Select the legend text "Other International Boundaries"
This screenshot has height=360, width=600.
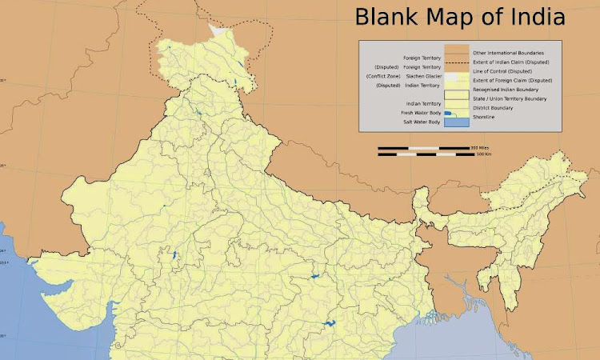[x=509, y=52]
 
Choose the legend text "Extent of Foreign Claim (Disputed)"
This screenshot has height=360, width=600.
[x=513, y=81]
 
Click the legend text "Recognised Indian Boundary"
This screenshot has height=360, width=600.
[x=505, y=90]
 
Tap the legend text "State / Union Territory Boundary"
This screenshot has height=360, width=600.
[x=510, y=98]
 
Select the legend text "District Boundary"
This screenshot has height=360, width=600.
[x=492, y=107]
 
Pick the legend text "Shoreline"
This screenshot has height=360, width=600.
[x=484, y=117]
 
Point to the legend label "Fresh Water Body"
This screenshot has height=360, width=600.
[x=421, y=113]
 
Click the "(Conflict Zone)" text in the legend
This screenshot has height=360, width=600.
[x=384, y=76]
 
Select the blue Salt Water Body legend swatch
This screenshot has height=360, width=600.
[x=456, y=122]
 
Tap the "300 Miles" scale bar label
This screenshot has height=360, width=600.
[x=479, y=148]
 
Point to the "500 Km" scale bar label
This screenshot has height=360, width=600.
[x=483, y=154]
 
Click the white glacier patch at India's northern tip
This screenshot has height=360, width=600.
[x=218, y=30]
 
